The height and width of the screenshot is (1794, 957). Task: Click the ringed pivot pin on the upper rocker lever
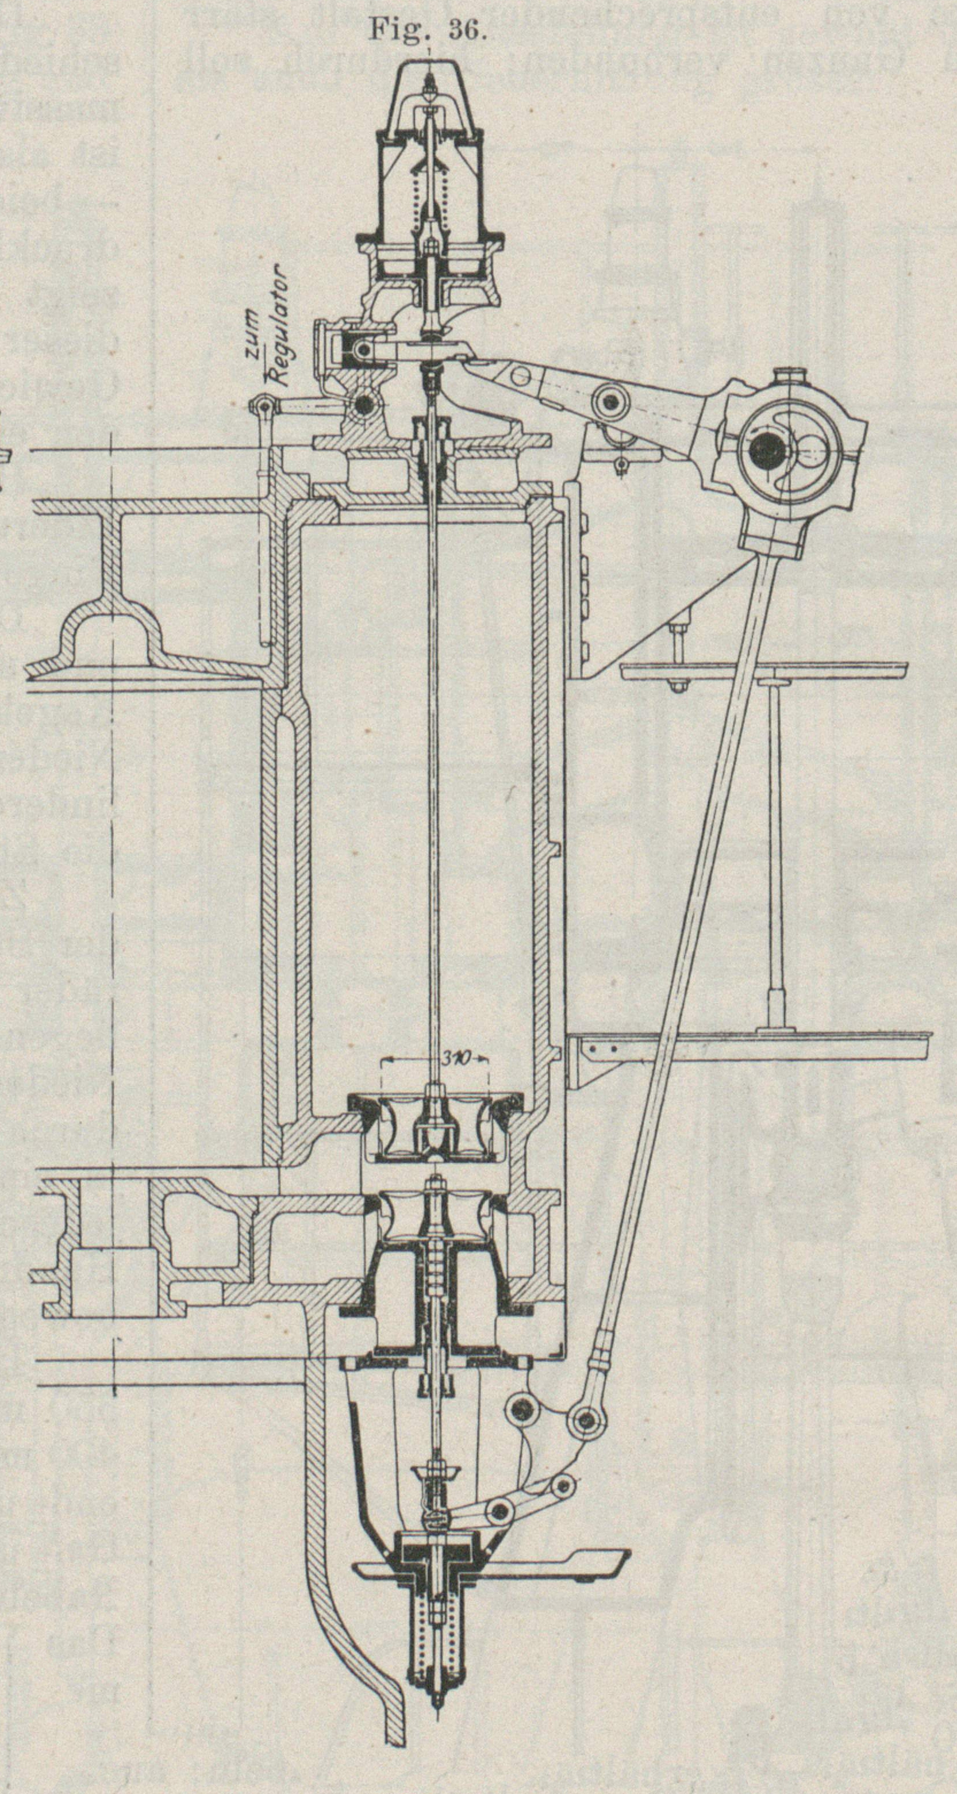(x=613, y=399)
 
